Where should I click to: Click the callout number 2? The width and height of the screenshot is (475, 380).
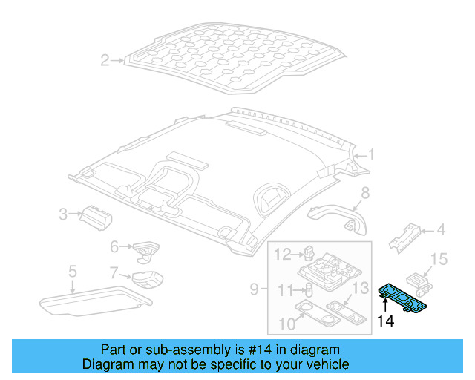click(x=105, y=60)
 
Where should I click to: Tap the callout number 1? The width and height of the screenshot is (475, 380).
click(x=372, y=156)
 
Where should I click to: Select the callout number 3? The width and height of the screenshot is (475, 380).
click(x=64, y=215)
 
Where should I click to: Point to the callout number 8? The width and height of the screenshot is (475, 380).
click(x=364, y=194)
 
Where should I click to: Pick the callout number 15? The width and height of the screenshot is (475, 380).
click(x=440, y=259)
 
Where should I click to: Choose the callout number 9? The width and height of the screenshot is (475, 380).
click(x=254, y=287)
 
